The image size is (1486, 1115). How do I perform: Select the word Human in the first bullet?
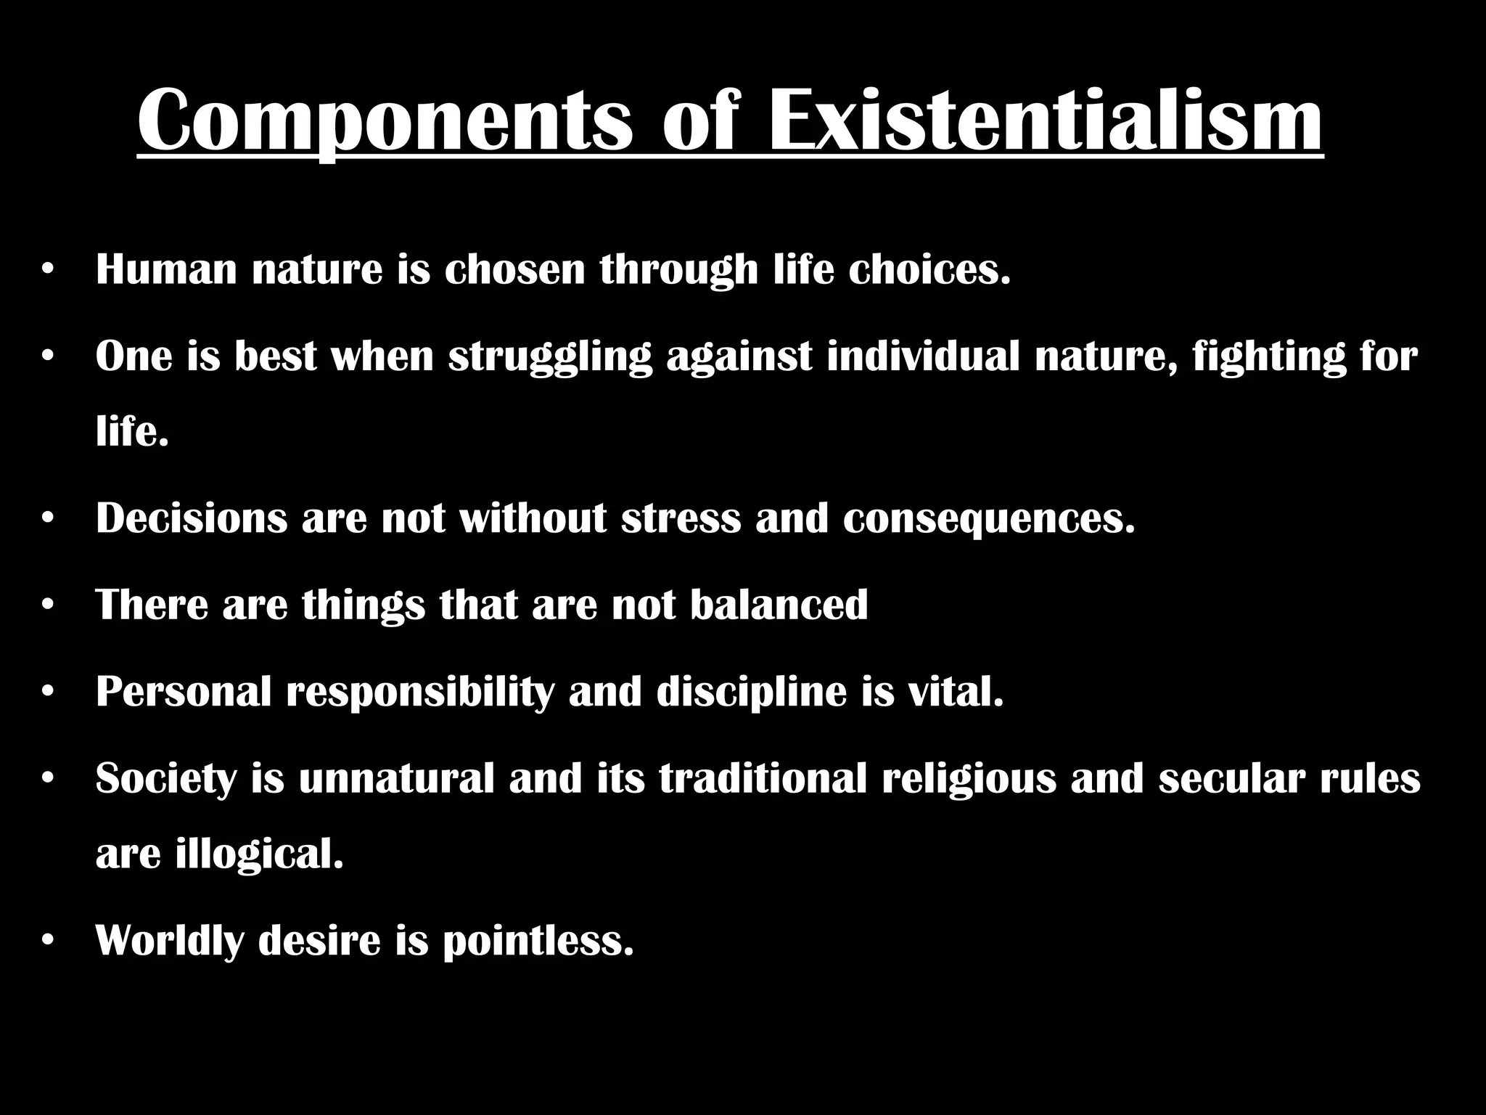point(166,269)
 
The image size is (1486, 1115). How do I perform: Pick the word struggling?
point(550,358)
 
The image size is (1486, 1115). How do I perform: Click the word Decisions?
point(192,518)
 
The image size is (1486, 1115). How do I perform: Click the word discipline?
point(751,693)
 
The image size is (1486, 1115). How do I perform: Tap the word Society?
point(166,780)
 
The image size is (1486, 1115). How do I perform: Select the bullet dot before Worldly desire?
point(48,941)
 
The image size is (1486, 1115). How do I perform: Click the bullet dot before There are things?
point(48,605)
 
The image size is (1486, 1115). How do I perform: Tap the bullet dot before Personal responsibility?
point(48,692)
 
